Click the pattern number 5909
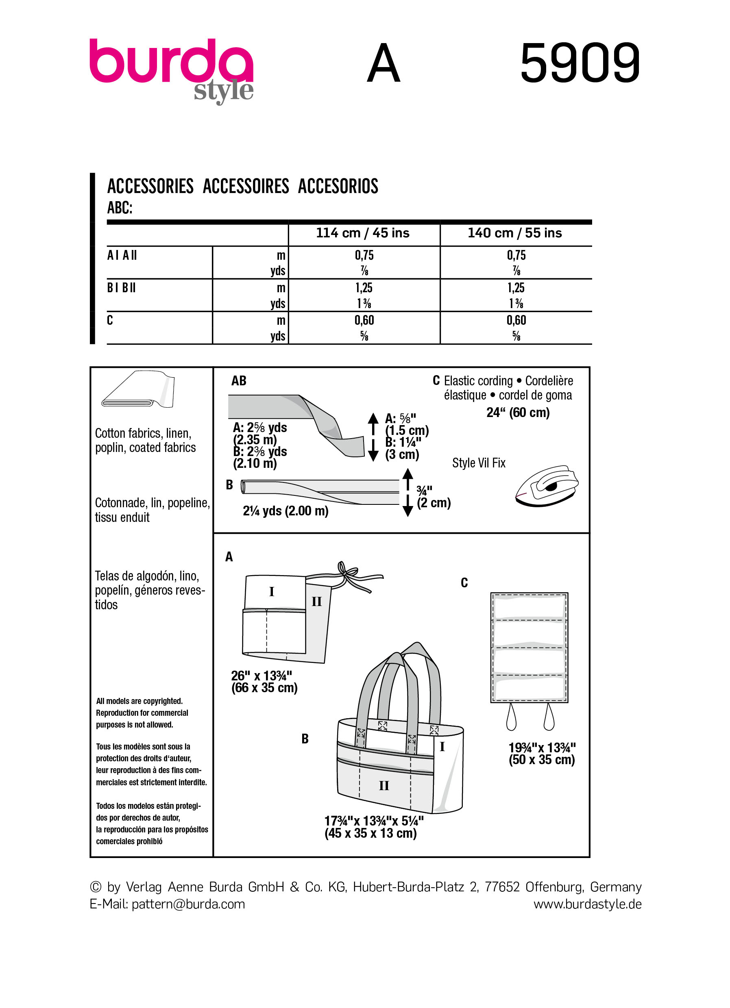click(580, 63)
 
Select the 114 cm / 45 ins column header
click(362, 233)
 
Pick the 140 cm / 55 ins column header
click(514, 233)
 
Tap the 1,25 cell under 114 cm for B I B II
click(364, 288)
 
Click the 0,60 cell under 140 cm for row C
click(516, 320)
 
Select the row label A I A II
click(122, 256)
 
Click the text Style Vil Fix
click(478, 463)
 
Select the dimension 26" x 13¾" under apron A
click(261, 676)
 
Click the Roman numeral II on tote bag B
click(384, 786)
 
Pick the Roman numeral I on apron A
click(272, 591)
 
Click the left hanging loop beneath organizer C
click(511, 718)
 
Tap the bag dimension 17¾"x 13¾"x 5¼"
click(373, 821)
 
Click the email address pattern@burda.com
click(188, 904)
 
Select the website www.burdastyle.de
click(587, 904)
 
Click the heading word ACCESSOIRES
click(245, 186)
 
